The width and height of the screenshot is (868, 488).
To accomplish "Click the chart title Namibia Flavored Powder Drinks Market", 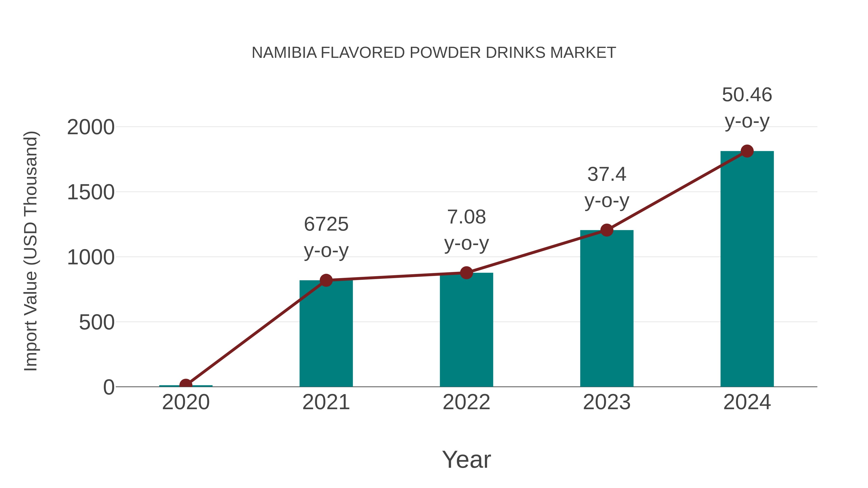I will pyautogui.click(x=434, y=53).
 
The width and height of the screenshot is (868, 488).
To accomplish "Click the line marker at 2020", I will pyautogui.click(x=186, y=385).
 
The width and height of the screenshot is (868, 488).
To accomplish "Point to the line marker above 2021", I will pyautogui.click(x=326, y=280).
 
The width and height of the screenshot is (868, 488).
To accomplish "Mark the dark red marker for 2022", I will pyautogui.click(x=466, y=273).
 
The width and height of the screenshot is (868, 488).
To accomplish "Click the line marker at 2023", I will pyautogui.click(x=607, y=230).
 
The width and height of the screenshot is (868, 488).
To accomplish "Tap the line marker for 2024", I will pyautogui.click(x=747, y=151).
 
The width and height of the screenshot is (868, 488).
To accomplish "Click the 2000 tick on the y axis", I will pyautogui.click(x=91, y=128).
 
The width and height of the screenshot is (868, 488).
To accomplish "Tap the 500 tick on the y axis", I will pyautogui.click(x=97, y=323).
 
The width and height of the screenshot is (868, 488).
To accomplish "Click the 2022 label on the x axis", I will pyautogui.click(x=466, y=402).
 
